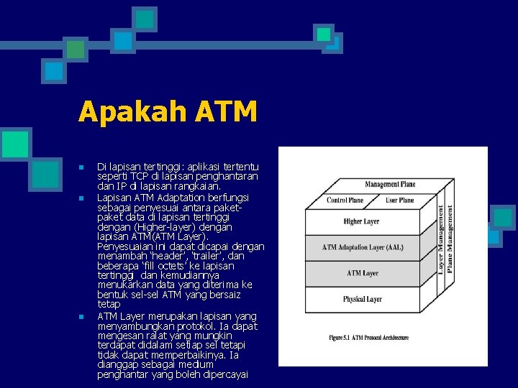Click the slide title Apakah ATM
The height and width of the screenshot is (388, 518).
coord(167,111)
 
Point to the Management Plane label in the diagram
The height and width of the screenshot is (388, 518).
coord(390,185)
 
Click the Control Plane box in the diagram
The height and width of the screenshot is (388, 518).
coord(345,200)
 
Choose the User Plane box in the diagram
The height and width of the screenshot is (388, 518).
coord(400,200)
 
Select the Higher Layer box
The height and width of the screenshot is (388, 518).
coord(362,221)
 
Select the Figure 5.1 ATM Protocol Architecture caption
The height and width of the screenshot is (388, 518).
coord(368,338)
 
